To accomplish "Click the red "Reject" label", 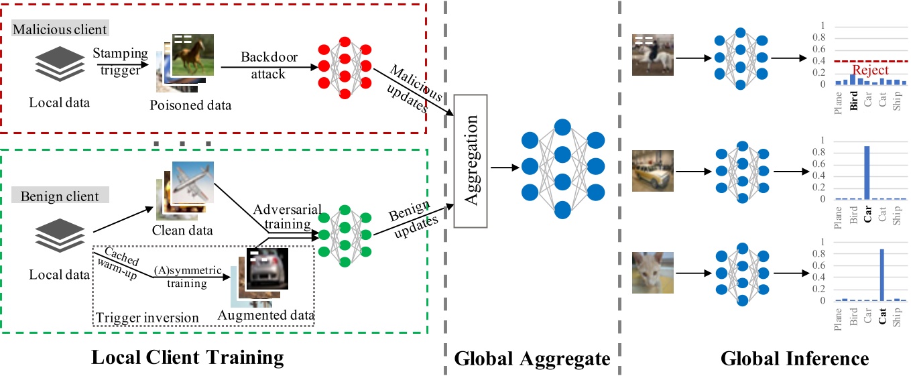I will pyautogui.click(x=870, y=70).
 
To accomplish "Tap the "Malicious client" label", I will pyautogui.click(x=60, y=29).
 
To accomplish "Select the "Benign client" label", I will pyautogui.click(x=60, y=196).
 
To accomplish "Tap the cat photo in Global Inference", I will pyautogui.click(x=652, y=273).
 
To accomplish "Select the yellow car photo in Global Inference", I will pyautogui.click(x=652, y=170).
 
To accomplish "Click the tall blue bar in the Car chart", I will pyautogui.click(x=867, y=173).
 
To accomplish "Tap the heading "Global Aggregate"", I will pyautogui.click(x=532, y=359).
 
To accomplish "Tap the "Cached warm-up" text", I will pyautogui.click(x=116, y=263).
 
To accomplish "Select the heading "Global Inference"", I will pyautogui.click(x=794, y=359).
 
